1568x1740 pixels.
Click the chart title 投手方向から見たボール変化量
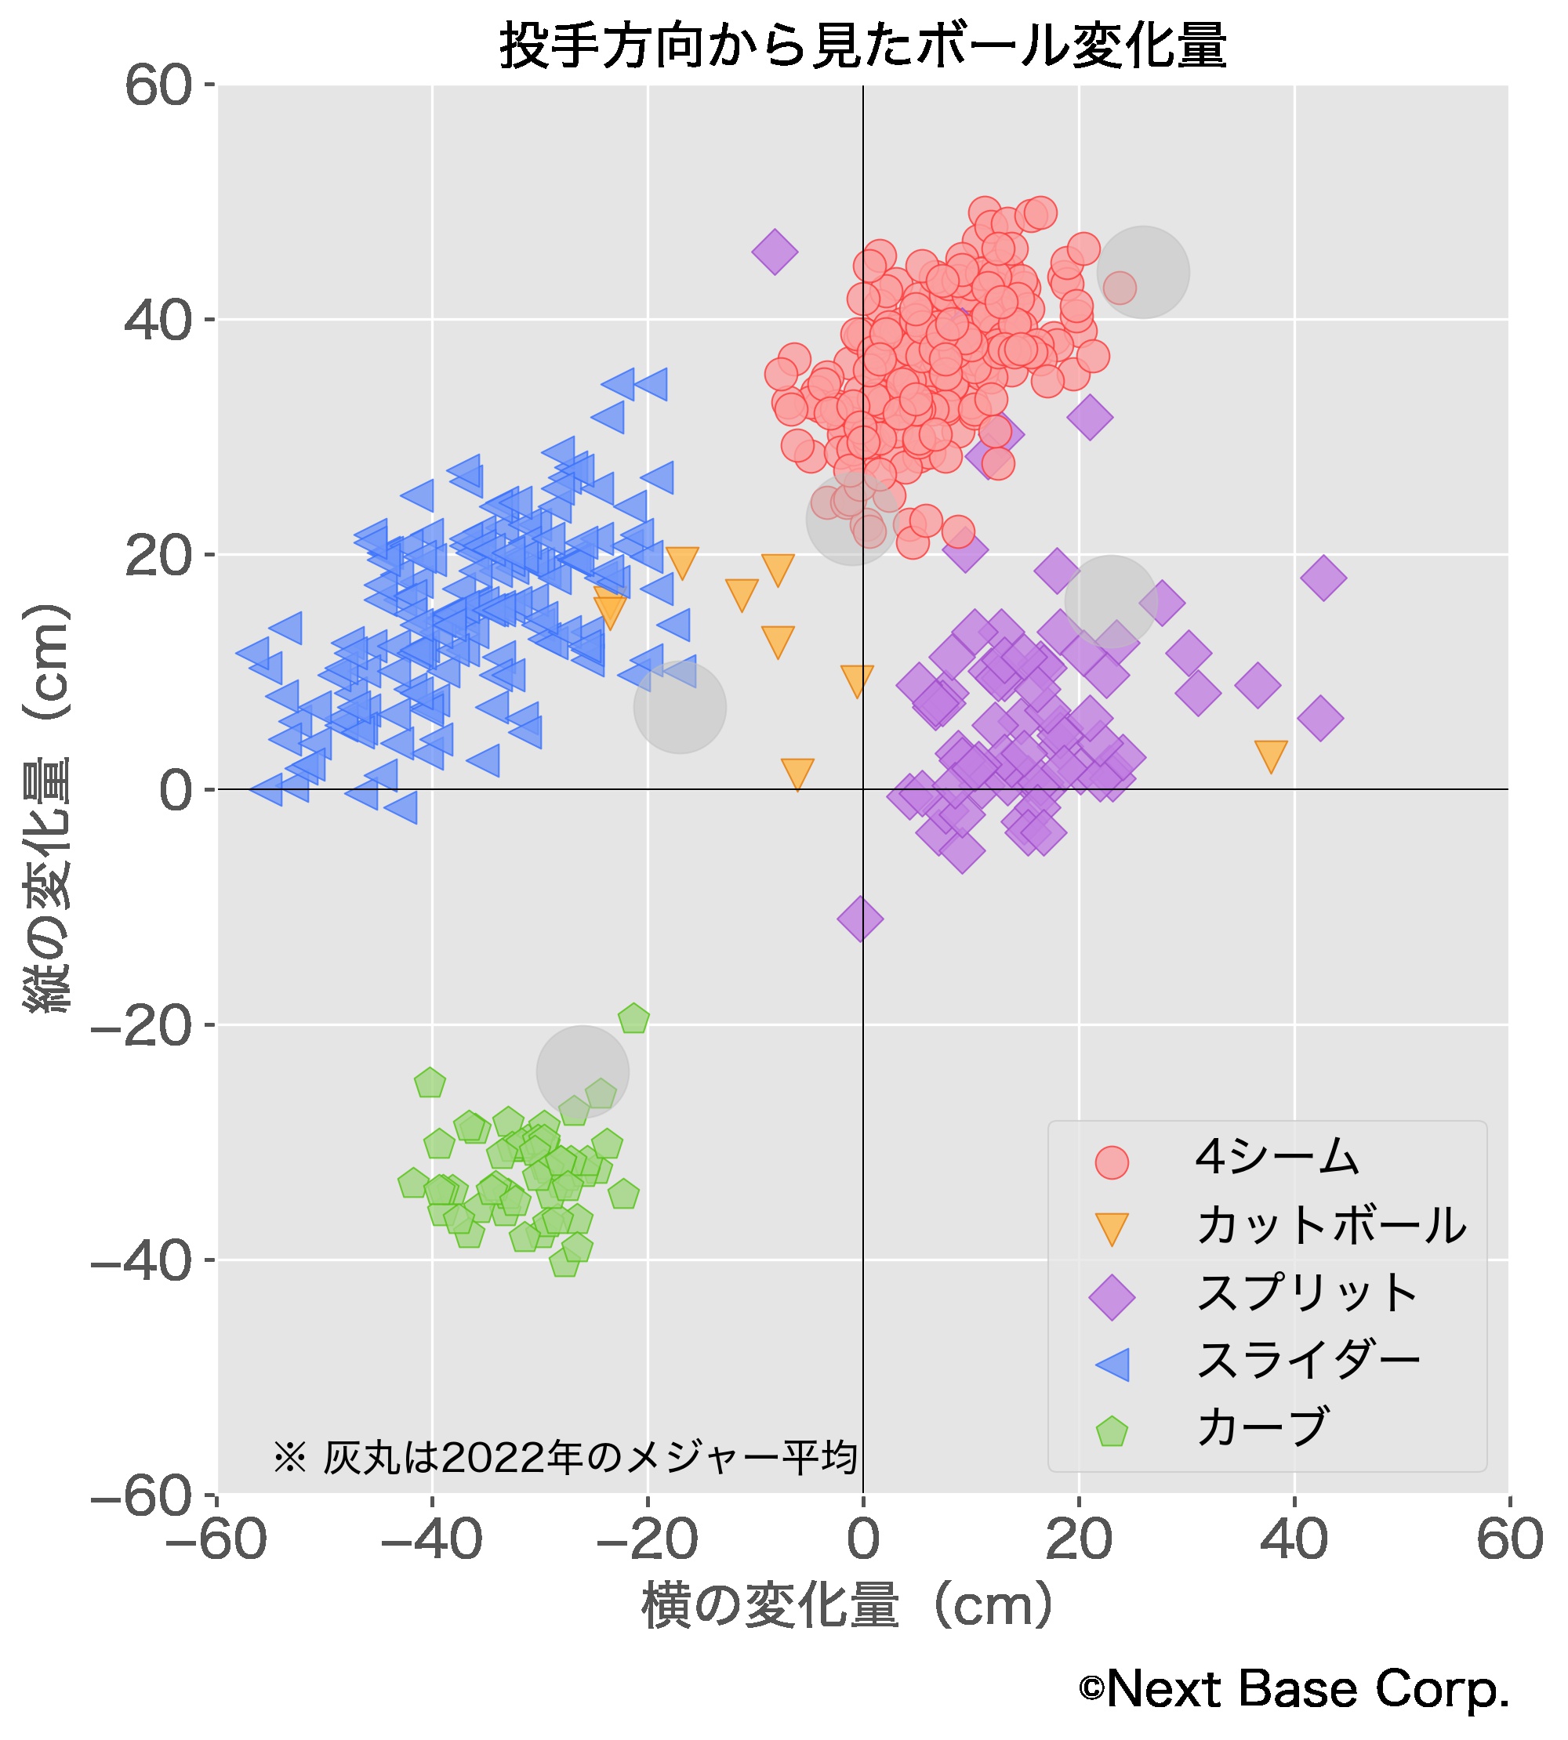pyautogui.click(x=862, y=45)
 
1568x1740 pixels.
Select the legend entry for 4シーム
pyautogui.click(x=1276, y=1157)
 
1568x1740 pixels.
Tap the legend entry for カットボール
pyautogui.click(x=1330, y=1225)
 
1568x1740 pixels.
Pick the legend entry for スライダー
pyautogui.click(x=1307, y=1361)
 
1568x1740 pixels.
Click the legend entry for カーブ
pyautogui.click(x=1262, y=1427)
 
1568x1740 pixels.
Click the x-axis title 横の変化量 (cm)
pyautogui.click(x=848, y=1606)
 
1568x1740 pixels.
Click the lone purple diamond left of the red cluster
pyautogui.click(x=775, y=252)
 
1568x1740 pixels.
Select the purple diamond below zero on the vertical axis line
pyautogui.click(x=860, y=919)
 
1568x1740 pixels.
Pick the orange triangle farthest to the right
pyautogui.click(x=1271, y=755)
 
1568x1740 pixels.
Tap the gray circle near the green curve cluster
pyautogui.click(x=583, y=1071)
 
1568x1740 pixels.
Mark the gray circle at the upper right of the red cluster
pyautogui.click(x=1143, y=272)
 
